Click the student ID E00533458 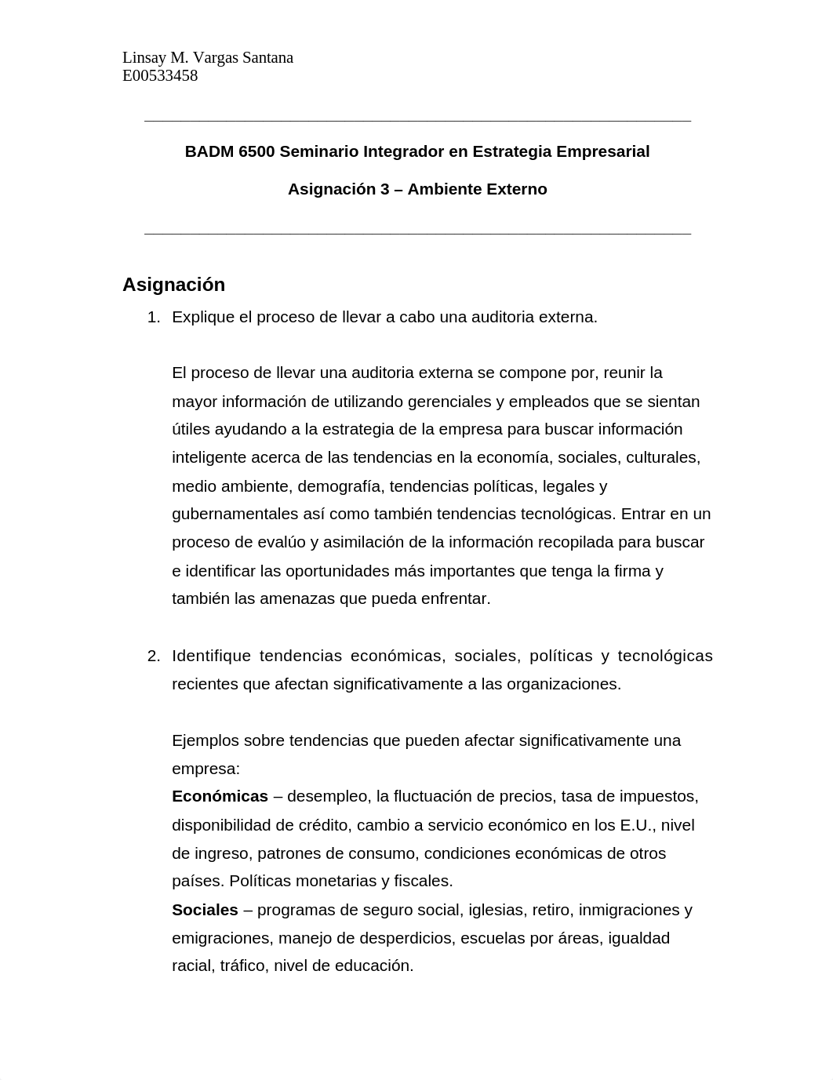pos(160,76)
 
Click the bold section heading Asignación pos(173,285)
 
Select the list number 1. pos(153,317)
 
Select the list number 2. pos(153,656)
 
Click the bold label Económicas pos(220,796)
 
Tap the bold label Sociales pos(205,910)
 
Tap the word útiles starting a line pos(191,429)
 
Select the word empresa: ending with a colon pos(206,769)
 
